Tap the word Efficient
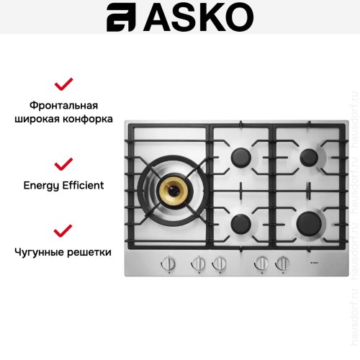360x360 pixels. [84, 185]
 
